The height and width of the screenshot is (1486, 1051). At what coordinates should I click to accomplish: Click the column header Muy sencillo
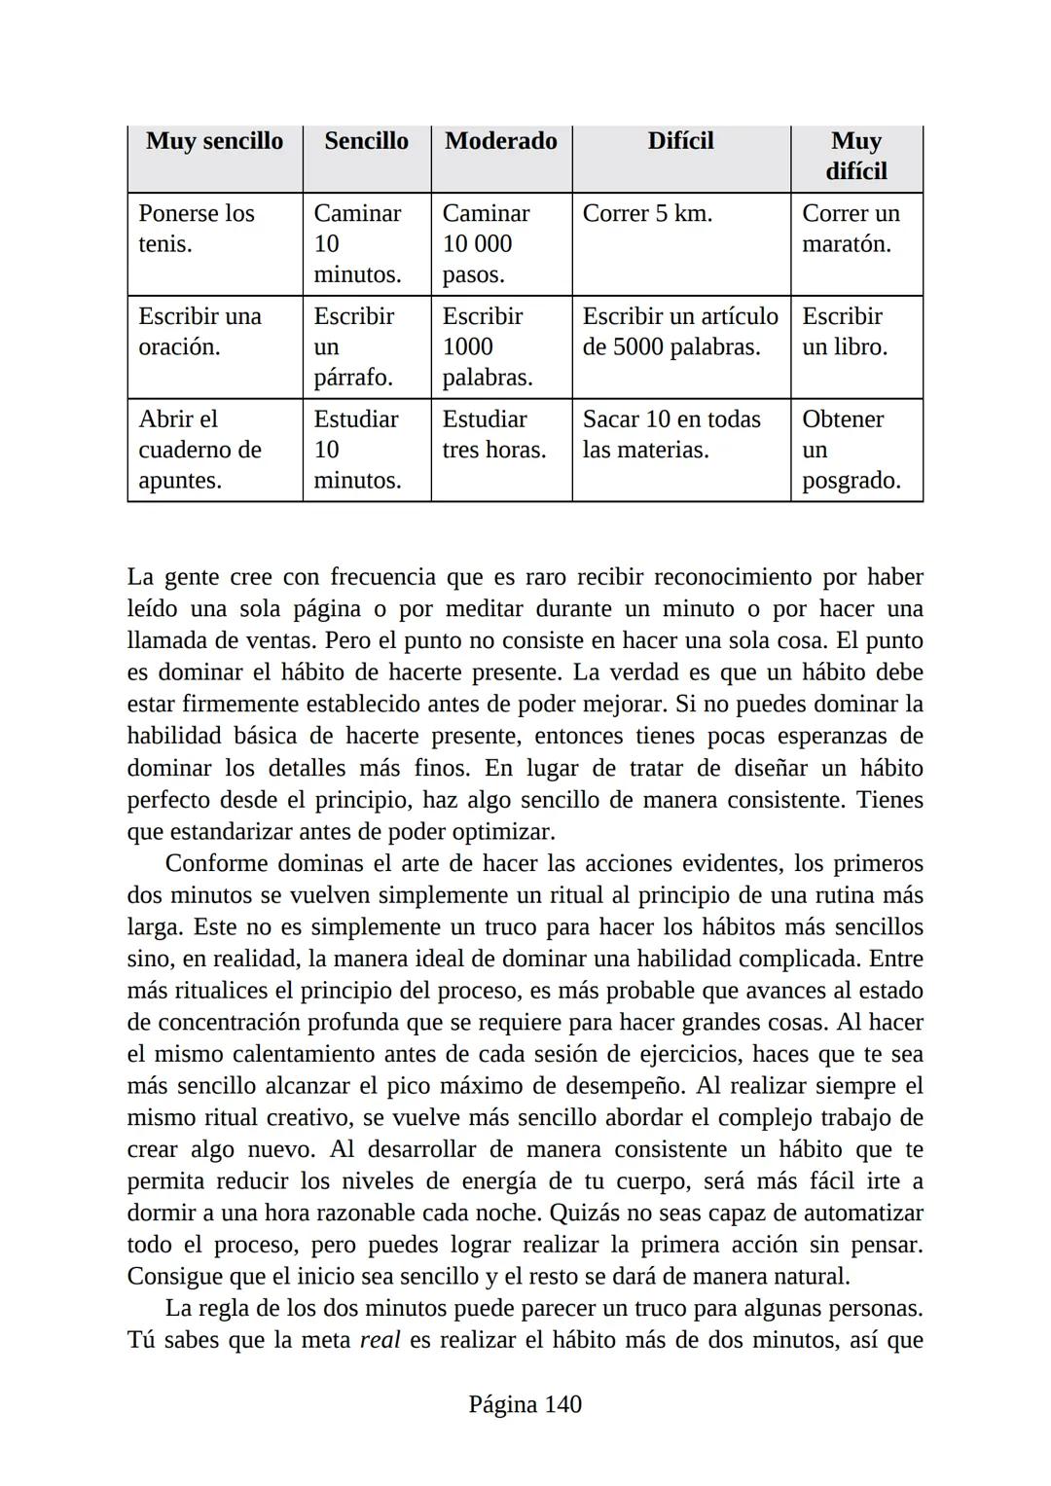tap(214, 141)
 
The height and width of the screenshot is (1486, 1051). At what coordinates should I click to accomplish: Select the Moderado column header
tap(500, 141)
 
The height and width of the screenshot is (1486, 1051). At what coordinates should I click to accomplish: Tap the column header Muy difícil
tap(855, 156)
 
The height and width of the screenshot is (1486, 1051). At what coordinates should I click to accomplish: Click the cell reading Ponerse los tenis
tap(197, 229)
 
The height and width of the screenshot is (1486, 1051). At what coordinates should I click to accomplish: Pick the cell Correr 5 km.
tap(647, 214)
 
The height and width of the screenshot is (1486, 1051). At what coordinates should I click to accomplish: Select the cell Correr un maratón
tap(851, 229)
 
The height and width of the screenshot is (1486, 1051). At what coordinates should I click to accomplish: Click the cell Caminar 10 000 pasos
tap(486, 243)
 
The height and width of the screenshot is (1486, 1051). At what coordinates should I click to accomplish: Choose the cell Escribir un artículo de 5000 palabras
tap(679, 332)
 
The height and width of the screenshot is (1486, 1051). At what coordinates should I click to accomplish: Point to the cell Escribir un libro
tap(844, 332)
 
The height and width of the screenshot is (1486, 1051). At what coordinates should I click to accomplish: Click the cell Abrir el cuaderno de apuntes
tap(199, 450)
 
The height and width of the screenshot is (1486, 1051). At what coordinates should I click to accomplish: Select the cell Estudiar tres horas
tap(493, 435)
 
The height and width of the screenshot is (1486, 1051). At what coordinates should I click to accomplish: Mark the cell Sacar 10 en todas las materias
tap(670, 435)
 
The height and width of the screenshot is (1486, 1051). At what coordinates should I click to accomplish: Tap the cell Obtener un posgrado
tap(851, 450)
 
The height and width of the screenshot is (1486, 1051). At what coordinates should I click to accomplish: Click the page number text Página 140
tap(525, 1404)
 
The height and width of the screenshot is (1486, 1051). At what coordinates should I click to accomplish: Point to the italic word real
tap(380, 1340)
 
